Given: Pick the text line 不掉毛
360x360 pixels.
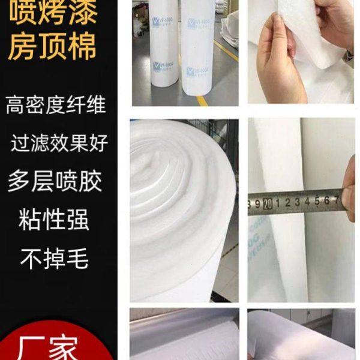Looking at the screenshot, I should click(x=55, y=259).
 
